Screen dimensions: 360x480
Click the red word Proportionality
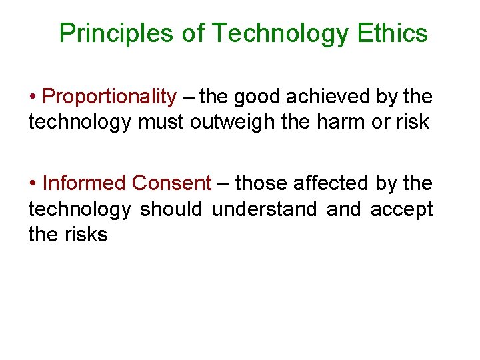point(109,97)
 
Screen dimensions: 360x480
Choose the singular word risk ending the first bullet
point(413,123)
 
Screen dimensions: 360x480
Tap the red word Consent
point(172,183)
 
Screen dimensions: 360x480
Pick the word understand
point(265,209)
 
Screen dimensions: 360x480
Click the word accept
point(401,209)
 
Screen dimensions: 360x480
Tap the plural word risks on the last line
point(85,235)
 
